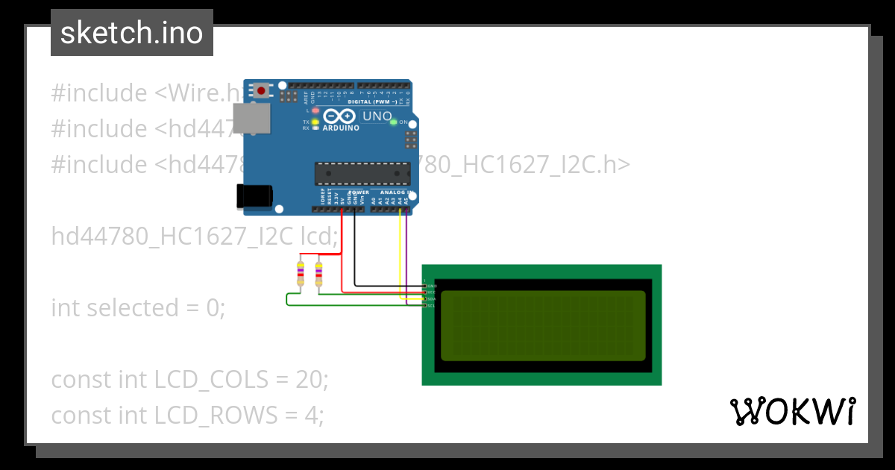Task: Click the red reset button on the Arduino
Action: (x=261, y=91)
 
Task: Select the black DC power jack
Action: (x=252, y=195)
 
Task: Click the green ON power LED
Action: (x=393, y=122)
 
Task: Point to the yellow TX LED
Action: (x=315, y=122)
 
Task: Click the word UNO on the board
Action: (x=377, y=116)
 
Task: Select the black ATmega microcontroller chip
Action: (x=362, y=172)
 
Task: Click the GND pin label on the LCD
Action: (x=431, y=286)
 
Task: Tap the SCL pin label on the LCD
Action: (x=431, y=305)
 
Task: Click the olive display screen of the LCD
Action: (x=542, y=325)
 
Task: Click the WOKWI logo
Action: (x=792, y=411)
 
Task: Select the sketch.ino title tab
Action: (x=132, y=33)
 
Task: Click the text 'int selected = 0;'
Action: (x=138, y=307)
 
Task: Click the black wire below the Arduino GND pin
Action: (x=354, y=246)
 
